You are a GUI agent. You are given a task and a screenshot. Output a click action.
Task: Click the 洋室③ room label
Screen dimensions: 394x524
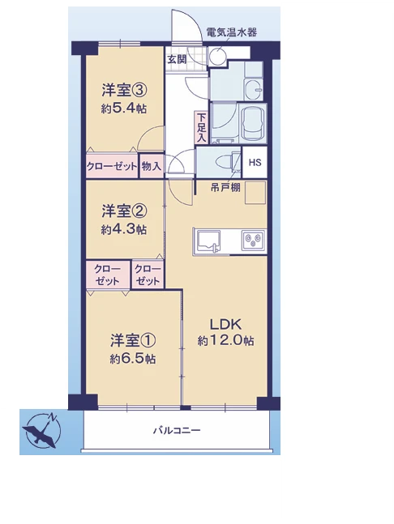(124, 90)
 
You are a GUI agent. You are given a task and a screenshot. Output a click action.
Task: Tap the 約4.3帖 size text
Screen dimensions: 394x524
(124, 229)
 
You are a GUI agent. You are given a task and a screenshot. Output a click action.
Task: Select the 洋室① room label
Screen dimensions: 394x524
(133, 340)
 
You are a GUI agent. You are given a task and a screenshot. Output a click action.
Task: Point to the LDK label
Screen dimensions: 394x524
(225, 324)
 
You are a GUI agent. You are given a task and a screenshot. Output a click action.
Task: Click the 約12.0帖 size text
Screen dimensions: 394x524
(225, 340)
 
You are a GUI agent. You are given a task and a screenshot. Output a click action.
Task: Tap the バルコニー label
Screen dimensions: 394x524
(177, 430)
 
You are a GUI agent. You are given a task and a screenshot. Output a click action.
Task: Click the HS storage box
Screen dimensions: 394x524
(255, 163)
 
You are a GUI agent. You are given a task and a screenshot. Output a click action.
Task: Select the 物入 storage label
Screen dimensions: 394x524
(152, 166)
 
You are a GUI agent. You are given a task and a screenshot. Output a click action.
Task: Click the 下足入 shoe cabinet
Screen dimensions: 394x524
(201, 127)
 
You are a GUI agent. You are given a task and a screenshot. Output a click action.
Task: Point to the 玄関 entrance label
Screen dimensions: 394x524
(177, 59)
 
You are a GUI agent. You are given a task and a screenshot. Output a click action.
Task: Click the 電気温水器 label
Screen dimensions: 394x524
(231, 32)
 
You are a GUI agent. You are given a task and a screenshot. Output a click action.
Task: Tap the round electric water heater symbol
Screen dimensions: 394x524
(217, 56)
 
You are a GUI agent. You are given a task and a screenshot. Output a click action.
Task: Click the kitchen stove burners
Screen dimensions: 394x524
(253, 240)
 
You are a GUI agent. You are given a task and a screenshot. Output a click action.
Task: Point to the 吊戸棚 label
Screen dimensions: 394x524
(225, 188)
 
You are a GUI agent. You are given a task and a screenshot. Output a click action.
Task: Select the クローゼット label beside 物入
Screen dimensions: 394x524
(112, 166)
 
